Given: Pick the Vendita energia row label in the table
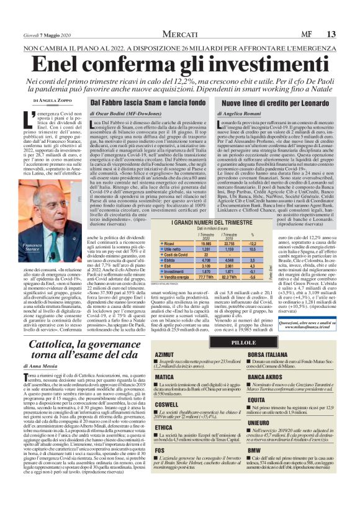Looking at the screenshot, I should pos(176,277).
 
